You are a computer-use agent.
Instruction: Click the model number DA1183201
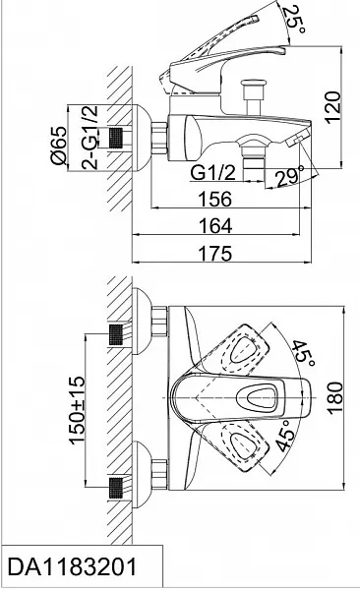72,567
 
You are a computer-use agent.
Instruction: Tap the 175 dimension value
215,254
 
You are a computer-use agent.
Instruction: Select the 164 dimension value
215,226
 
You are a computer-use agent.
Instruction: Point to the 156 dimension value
215,199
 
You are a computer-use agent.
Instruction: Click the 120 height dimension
332,107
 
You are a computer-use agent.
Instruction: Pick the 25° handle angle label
294,19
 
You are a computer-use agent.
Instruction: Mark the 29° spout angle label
290,176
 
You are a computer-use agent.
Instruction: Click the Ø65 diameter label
59,146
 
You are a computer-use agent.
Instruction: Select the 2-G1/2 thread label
90,137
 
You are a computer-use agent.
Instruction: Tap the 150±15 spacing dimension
78,410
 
